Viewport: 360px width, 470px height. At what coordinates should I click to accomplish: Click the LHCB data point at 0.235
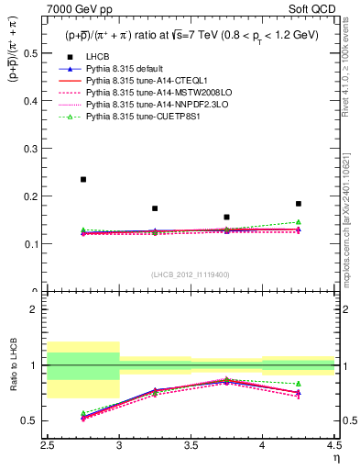pyautogui.click(x=83, y=179)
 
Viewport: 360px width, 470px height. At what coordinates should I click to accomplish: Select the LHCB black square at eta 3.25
pyautogui.click(x=155, y=208)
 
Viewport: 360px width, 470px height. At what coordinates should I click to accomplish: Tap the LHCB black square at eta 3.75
pyautogui.click(x=226, y=217)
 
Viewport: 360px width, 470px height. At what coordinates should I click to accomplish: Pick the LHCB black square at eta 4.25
pyautogui.click(x=298, y=204)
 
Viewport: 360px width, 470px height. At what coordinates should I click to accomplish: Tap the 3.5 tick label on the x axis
pyautogui.click(x=191, y=446)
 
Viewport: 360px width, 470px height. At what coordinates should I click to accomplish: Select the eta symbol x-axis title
pyautogui.click(x=335, y=456)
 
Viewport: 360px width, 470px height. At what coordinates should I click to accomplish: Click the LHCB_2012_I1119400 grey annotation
pyautogui.click(x=191, y=274)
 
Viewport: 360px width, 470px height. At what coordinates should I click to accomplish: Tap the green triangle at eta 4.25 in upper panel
pyautogui.click(x=298, y=222)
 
